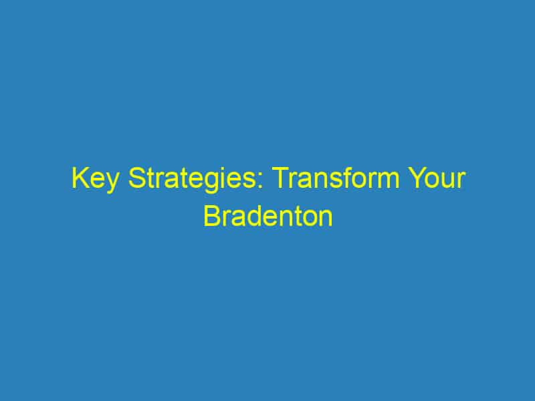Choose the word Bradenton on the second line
[x=267, y=218]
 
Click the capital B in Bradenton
[x=211, y=218]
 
